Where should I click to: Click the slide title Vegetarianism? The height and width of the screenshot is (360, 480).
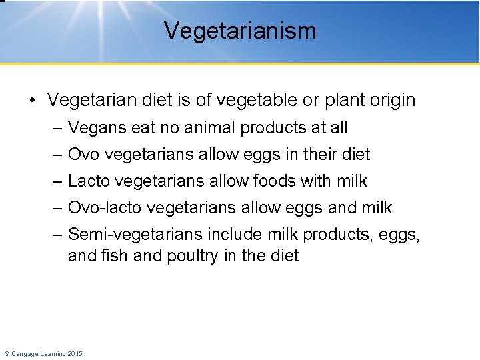tap(240, 31)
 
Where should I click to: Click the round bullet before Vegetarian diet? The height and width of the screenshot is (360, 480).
tap(32, 101)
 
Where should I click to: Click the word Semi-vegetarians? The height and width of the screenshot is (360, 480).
tap(135, 235)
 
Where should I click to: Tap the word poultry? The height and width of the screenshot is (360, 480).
tap(191, 256)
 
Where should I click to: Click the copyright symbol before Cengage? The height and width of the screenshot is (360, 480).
tap(7, 353)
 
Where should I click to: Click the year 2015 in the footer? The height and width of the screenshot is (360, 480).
tap(75, 353)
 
